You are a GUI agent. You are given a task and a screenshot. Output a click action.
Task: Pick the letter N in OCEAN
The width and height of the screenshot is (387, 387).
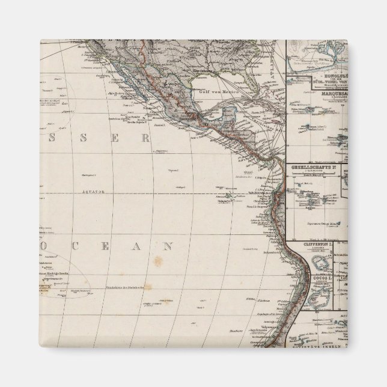(x=170, y=246)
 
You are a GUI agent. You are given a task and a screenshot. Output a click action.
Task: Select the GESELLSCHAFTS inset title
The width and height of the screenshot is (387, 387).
(x=312, y=165)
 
